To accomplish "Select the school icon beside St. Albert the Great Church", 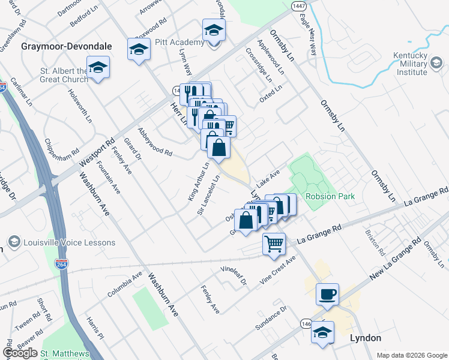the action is [x=98, y=67].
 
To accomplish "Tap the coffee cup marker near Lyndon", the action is [x=327, y=294].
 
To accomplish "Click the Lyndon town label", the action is [x=365, y=338].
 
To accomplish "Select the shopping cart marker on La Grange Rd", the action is [x=274, y=244].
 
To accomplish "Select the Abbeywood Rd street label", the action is [x=154, y=142].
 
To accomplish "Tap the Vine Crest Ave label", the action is [x=278, y=269].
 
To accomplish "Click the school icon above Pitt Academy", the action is [x=213, y=29].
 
